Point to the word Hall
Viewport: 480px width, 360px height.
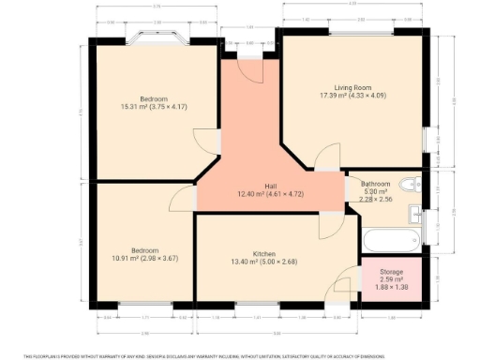tap(269, 185)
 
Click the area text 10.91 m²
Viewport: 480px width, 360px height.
tap(144, 259)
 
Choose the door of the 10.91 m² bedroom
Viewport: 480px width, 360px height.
tap(182, 198)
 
